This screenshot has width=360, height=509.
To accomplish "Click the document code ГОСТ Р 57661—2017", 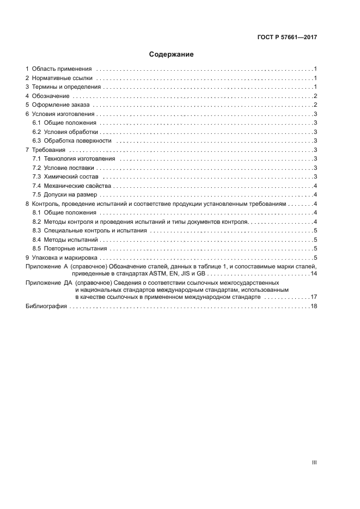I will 287,38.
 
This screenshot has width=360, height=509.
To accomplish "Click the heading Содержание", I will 172,54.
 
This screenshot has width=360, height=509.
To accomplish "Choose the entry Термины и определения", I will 66,87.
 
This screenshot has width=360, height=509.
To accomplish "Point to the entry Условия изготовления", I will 64,114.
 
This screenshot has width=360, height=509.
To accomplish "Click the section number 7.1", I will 37,158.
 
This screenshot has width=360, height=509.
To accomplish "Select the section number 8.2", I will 37,222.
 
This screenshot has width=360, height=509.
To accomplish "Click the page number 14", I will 314,273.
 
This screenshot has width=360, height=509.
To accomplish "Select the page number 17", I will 314,297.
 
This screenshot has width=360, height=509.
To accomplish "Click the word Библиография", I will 46,306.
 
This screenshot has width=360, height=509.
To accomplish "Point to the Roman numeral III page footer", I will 314,462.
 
